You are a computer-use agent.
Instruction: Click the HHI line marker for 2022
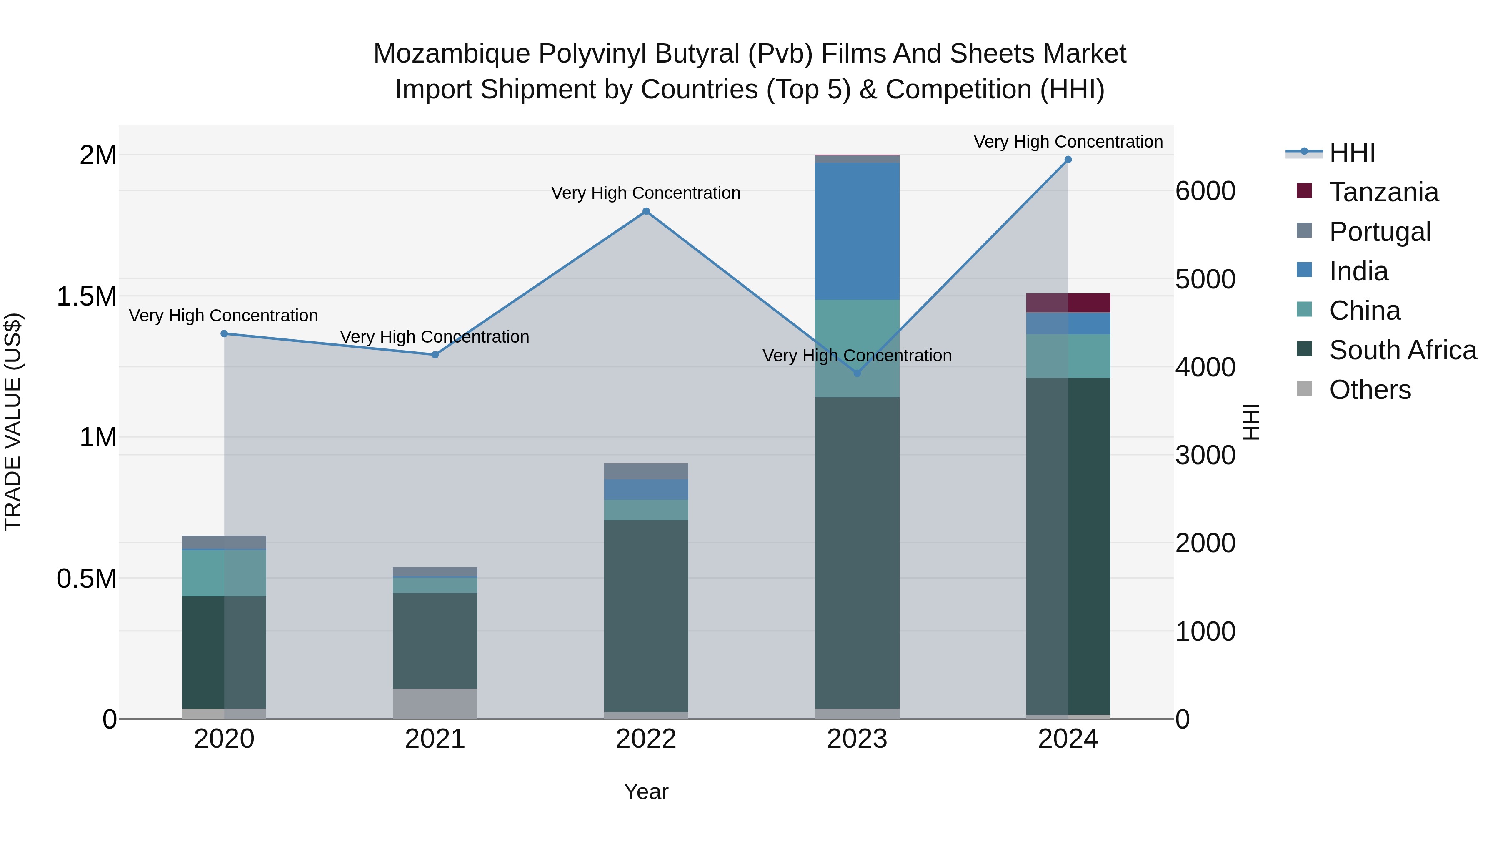[646, 211]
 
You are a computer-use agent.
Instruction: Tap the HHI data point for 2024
[1068, 160]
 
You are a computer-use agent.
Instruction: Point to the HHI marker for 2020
[224, 334]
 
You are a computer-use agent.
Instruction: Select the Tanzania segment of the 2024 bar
[1068, 303]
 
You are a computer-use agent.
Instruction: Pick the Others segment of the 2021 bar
[435, 703]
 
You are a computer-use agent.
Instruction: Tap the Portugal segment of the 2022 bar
[646, 471]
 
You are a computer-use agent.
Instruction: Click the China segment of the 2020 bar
[224, 573]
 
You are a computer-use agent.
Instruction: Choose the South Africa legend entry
[1402, 350]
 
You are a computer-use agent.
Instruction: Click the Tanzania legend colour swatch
[1304, 191]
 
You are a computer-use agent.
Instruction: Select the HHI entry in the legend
[1352, 153]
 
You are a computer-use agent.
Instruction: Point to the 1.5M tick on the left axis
[86, 296]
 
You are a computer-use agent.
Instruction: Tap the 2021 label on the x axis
[435, 739]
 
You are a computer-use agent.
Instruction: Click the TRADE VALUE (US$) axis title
[13, 422]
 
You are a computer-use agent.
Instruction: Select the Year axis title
[646, 791]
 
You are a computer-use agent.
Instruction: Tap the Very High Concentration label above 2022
[646, 193]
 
